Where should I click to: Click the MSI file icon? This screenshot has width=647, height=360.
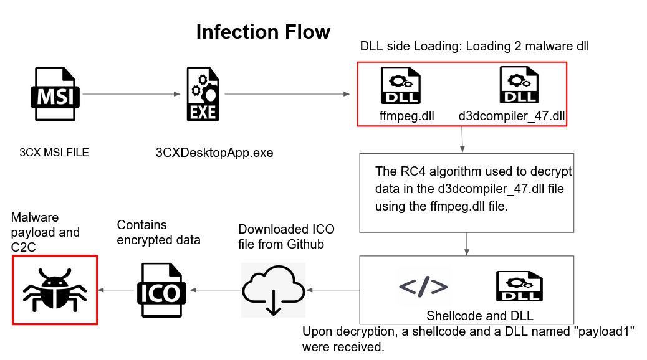click(55, 94)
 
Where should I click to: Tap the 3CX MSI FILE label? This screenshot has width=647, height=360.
click(54, 152)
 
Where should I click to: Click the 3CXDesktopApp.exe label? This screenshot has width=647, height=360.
click(214, 153)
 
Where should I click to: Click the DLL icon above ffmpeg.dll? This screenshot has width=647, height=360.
click(400, 87)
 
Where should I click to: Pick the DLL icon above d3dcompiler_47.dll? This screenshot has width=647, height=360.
click(515, 86)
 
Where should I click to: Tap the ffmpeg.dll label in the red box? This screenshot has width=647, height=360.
click(406, 116)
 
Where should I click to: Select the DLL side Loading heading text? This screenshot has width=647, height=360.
click(474, 46)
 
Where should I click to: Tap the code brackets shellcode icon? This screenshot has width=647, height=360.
click(423, 286)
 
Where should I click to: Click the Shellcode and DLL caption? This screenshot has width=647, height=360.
click(479, 315)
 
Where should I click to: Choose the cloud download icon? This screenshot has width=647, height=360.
click(272, 290)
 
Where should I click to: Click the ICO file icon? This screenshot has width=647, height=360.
click(160, 290)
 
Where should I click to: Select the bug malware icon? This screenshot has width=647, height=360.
click(55, 290)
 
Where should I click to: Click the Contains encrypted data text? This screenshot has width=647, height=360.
click(158, 232)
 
